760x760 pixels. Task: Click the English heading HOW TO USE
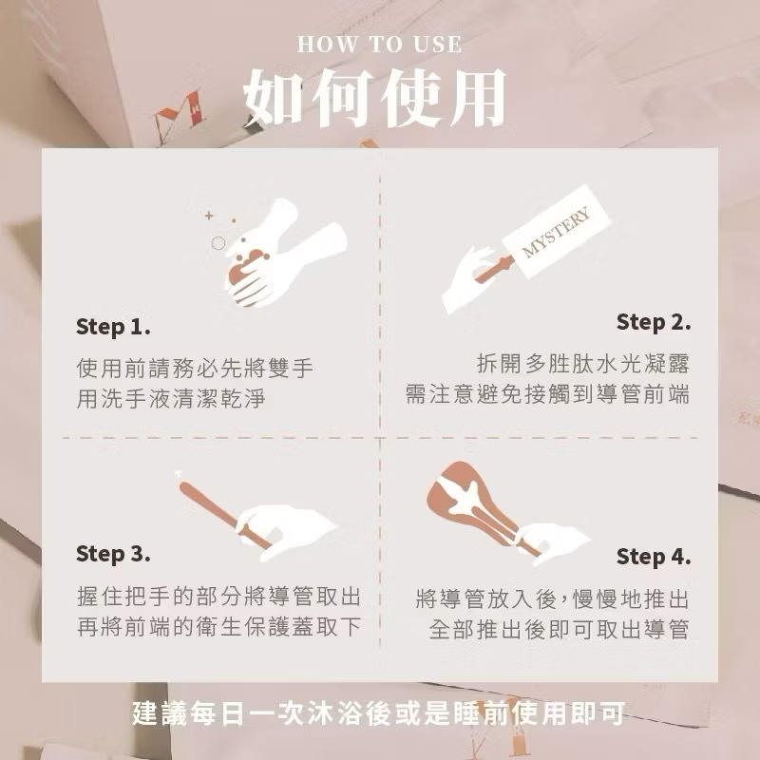(379, 45)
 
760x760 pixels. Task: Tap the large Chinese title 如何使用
(374, 98)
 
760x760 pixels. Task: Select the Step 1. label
(113, 327)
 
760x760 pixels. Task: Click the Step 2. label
(654, 322)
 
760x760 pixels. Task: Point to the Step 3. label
(113, 554)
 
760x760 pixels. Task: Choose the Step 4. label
(654, 557)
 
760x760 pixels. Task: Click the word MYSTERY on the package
(556, 232)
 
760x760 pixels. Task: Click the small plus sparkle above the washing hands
(209, 216)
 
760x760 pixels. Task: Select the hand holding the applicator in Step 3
(286, 532)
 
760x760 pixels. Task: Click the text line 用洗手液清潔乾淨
(171, 399)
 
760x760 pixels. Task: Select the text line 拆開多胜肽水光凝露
(582, 364)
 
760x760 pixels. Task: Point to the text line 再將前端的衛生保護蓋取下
(219, 627)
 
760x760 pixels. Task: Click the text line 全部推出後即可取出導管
(559, 630)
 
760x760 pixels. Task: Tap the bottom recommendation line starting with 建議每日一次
(378, 713)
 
